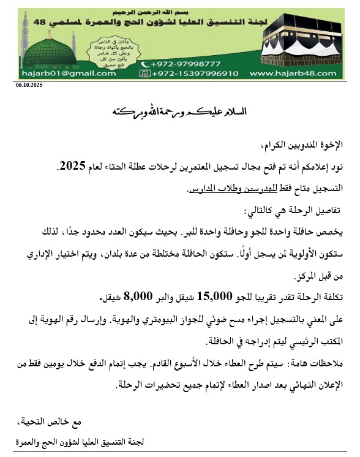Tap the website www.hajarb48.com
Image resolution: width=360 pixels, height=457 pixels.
293,74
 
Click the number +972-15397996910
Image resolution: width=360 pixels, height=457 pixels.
195,74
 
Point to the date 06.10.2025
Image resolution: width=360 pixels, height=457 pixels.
29,85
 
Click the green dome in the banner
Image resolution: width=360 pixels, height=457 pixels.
49,52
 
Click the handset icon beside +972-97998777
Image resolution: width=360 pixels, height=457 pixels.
144,64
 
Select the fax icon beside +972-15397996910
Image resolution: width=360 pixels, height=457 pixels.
145,74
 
